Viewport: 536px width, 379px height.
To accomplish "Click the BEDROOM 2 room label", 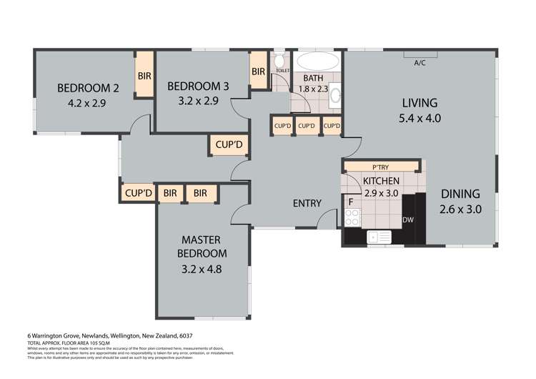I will pos(88,89).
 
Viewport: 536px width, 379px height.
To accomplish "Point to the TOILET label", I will pos(282,72).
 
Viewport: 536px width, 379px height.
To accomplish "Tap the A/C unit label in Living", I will pos(420,62).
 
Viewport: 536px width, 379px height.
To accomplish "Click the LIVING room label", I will pos(419,102).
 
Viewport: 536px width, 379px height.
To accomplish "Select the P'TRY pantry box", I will pos(380,167).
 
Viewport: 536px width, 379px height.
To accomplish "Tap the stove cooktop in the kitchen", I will pos(352,217).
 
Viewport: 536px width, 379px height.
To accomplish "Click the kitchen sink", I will pos(379,236).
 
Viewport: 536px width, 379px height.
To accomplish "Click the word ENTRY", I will pos(307,203).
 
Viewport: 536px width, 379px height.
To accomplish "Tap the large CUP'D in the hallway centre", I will pos(229,146).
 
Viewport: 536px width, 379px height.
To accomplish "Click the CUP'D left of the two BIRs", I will pos(139,193).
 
